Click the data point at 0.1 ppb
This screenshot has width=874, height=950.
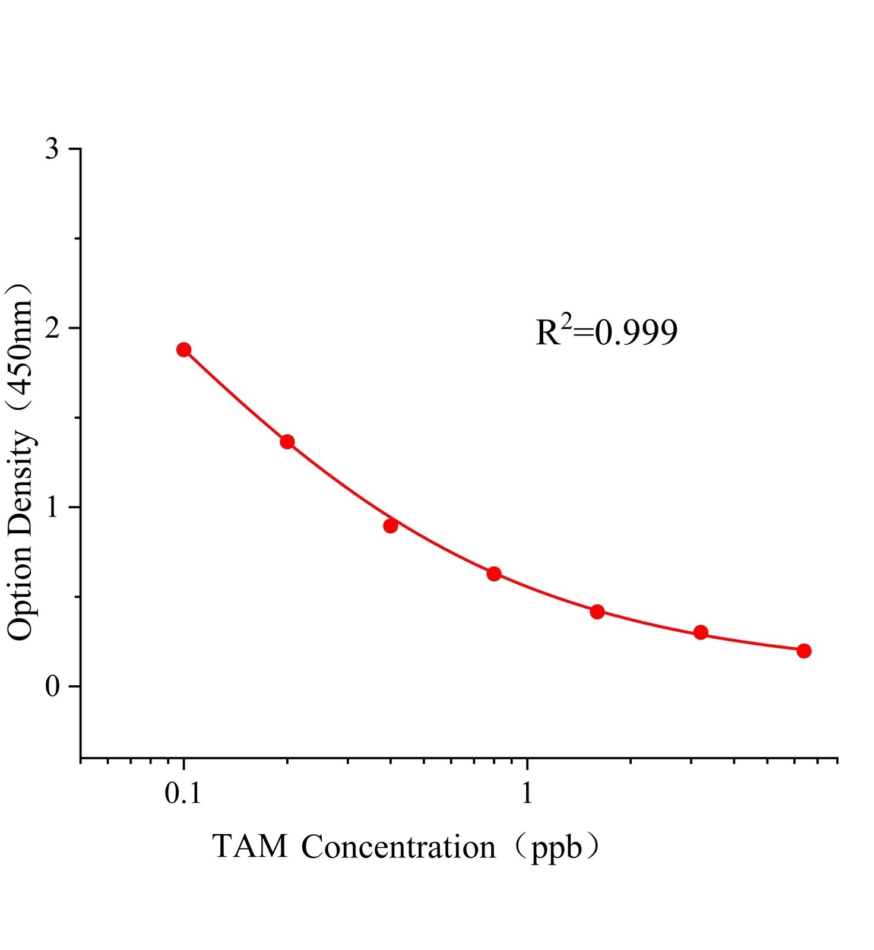(x=184, y=349)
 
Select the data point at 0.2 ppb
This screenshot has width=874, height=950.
(x=287, y=442)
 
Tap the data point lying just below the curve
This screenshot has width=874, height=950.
(x=390, y=526)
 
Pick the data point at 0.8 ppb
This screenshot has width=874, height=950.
(x=494, y=574)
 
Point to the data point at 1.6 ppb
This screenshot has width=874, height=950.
(x=597, y=612)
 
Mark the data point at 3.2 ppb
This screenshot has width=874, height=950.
(x=701, y=632)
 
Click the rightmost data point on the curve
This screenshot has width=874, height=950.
(x=804, y=651)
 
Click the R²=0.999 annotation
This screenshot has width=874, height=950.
(x=606, y=332)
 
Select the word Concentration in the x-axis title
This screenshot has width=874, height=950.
(x=398, y=847)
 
